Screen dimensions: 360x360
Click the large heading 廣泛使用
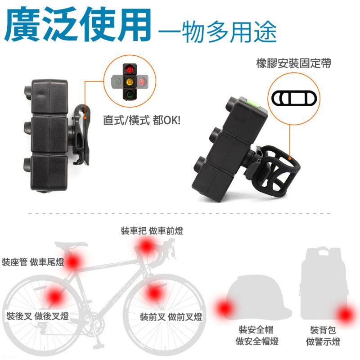(x=77, y=25)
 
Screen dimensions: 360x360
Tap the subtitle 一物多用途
(x=217, y=31)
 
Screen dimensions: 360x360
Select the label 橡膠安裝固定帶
(x=294, y=63)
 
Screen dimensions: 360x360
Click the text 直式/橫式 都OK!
(x=142, y=120)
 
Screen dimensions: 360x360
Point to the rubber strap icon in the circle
(x=294, y=98)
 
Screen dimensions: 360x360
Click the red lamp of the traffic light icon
(x=130, y=68)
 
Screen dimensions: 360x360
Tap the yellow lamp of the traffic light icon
(x=130, y=81)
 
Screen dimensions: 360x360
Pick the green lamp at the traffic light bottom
(x=130, y=94)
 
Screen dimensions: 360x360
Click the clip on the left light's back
(x=80, y=135)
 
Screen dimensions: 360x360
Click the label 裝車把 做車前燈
(x=152, y=230)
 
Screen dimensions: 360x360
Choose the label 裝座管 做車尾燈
(x=33, y=262)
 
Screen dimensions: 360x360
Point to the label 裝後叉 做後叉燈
(x=38, y=316)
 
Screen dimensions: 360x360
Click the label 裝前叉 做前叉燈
(x=171, y=317)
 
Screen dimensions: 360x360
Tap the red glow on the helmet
(x=224, y=308)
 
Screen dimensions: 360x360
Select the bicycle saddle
(x=71, y=245)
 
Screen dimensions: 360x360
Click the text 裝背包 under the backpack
(x=323, y=330)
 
